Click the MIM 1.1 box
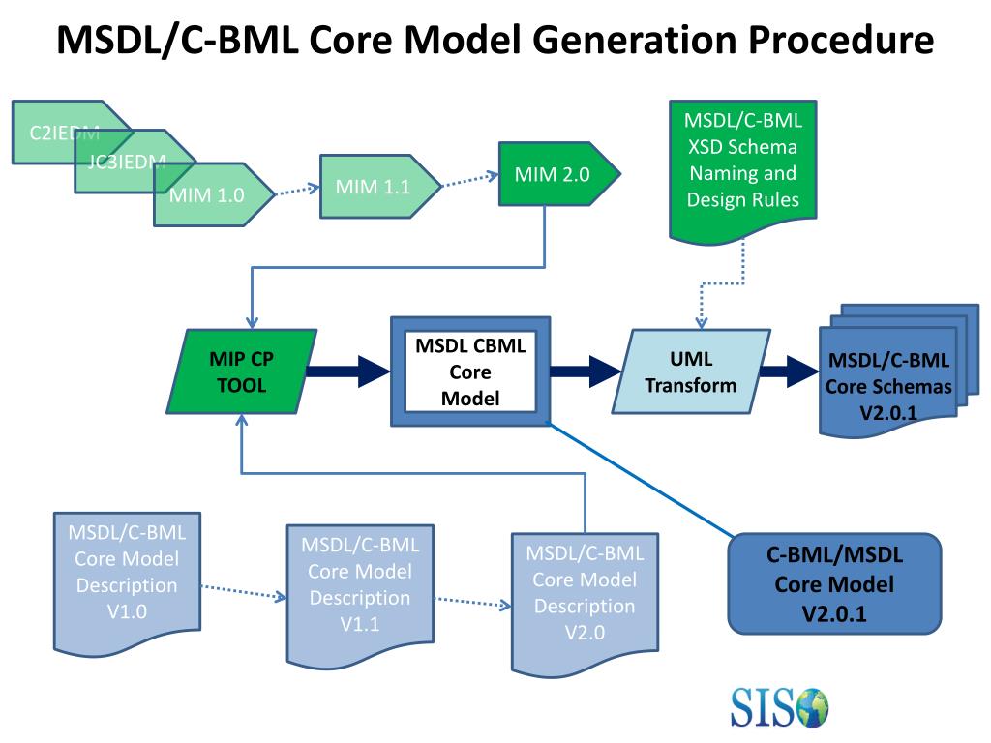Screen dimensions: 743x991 pos(374,187)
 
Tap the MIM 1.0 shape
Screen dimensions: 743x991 pos(207,194)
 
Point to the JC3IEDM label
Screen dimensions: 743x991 pos(127,162)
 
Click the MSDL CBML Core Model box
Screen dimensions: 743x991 pos(469,371)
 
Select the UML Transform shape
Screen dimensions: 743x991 pos(691,372)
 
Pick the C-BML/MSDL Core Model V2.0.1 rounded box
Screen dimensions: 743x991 pos(834,584)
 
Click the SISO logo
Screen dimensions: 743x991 pos(779,706)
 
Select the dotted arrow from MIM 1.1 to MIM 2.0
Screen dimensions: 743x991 pos(470,181)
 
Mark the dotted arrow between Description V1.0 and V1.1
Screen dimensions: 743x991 pos(243,591)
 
